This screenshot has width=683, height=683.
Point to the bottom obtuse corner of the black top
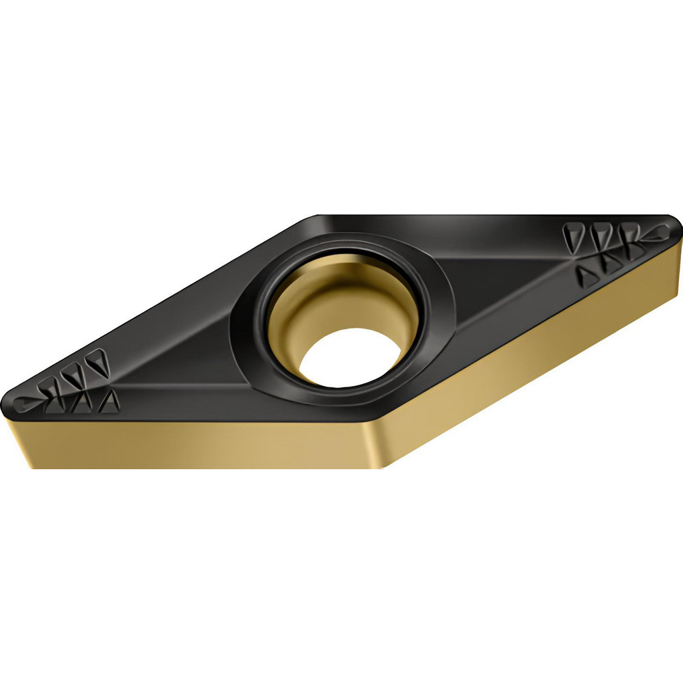pyautogui.click(x=376, y=414)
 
